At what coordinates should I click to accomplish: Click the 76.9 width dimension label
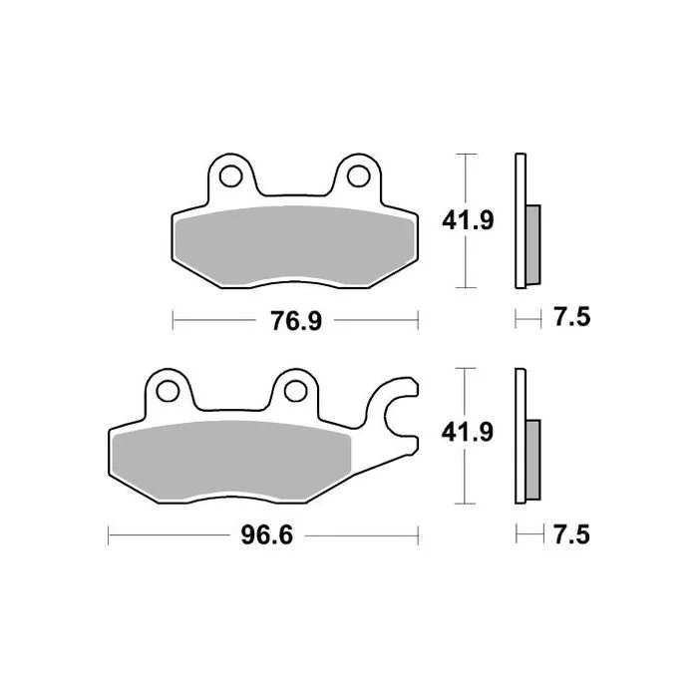tap(296, 321)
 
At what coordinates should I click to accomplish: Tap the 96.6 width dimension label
tap(267, 535)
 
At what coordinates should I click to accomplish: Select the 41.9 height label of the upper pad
tap(468, 220)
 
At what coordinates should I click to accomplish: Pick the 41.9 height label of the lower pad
tap(468, 432)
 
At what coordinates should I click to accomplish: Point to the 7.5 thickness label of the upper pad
tap(572, 317)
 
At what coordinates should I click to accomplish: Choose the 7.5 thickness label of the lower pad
tap(572, 534)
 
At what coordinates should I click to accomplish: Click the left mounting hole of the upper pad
tap(230, 175)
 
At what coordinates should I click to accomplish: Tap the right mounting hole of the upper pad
tap(358, 175)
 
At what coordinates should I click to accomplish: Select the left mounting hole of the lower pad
tap(168, 391)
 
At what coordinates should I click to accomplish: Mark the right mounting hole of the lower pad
tap(295, 391)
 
